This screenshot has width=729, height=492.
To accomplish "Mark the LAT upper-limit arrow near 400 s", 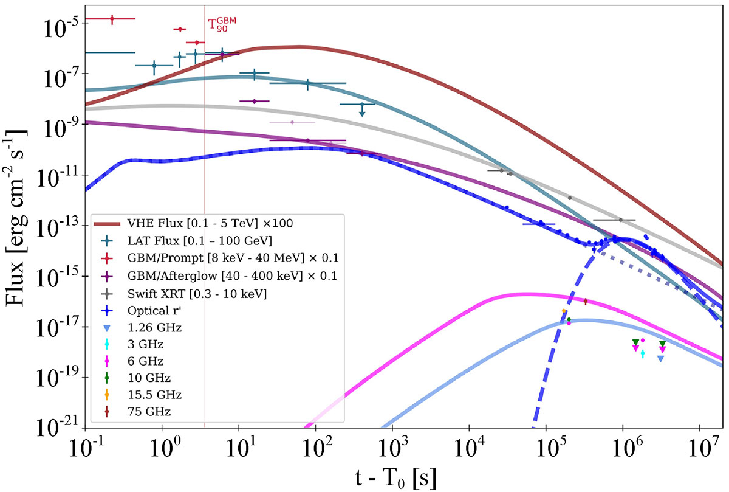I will click(x=362, y=111).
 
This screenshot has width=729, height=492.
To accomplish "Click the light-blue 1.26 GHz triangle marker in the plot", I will click(x=660, y=359).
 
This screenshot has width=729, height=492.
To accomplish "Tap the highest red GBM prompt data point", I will click(x=112, y=19).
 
